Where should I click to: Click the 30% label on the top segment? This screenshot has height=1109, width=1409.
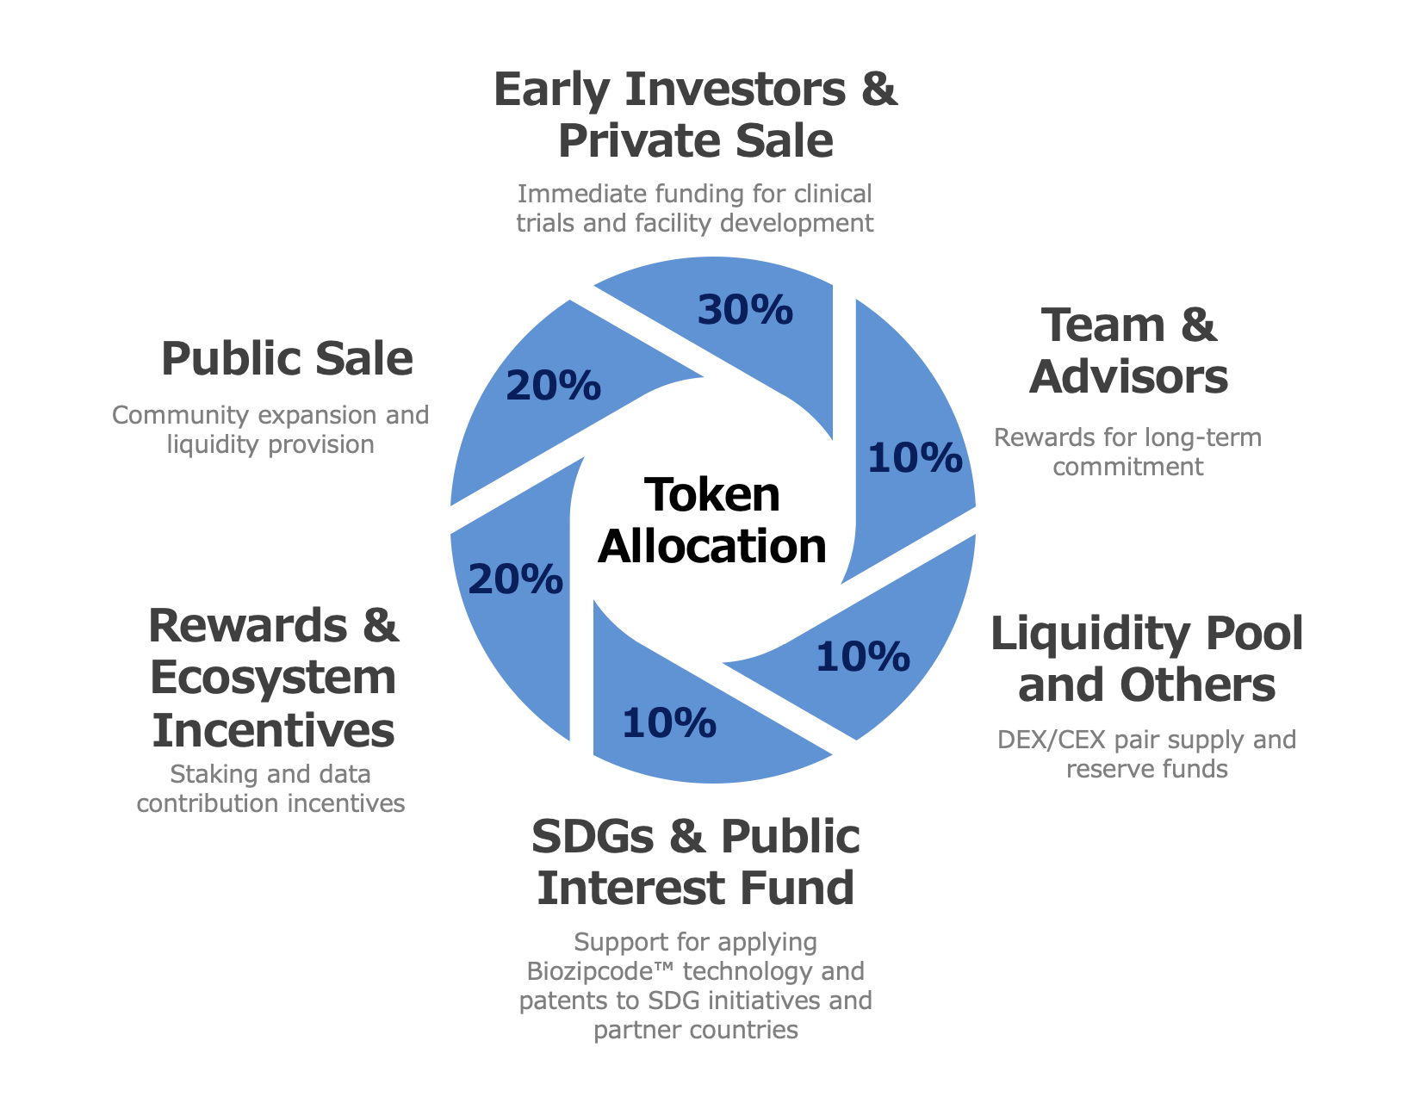[745, 310]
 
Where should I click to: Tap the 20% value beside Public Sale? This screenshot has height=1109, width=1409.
[553, 386]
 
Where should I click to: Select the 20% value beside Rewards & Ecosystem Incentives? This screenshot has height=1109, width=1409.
[515, 580]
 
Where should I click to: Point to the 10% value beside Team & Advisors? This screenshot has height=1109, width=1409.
[915, 458]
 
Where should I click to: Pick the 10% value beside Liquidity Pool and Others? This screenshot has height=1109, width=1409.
[862, 658]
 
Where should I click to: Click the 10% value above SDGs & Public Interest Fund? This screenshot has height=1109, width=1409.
[669, 723]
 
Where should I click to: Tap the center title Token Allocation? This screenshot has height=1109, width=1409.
[712, 520]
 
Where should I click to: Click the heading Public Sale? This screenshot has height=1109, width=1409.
[287, 359]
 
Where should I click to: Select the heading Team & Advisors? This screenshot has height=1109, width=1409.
[1128, 351]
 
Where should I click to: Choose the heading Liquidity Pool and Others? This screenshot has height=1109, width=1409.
[1146, 660]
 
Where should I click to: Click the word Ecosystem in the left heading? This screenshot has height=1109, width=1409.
[273, 678]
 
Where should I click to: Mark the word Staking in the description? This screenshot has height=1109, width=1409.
[215, 775]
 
